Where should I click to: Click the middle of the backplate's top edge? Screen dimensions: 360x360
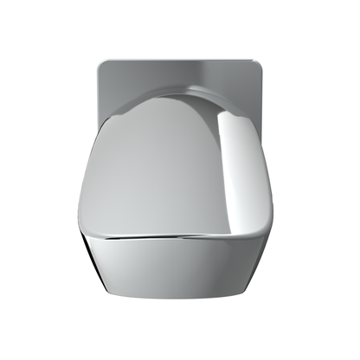click(180, 61)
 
